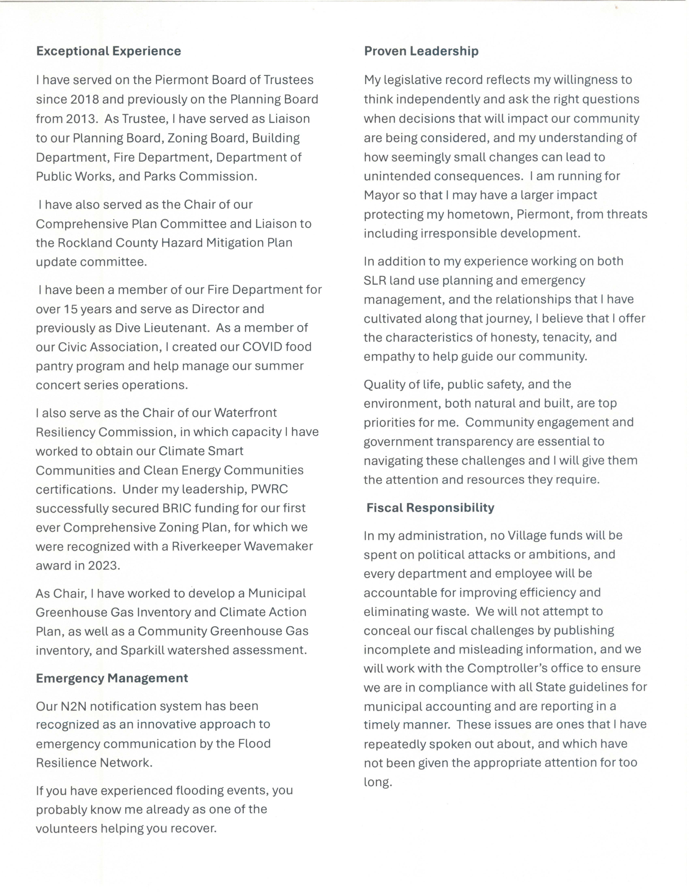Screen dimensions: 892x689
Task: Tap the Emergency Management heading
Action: pos(112,678)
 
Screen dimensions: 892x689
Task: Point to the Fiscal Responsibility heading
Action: pos(430,508)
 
